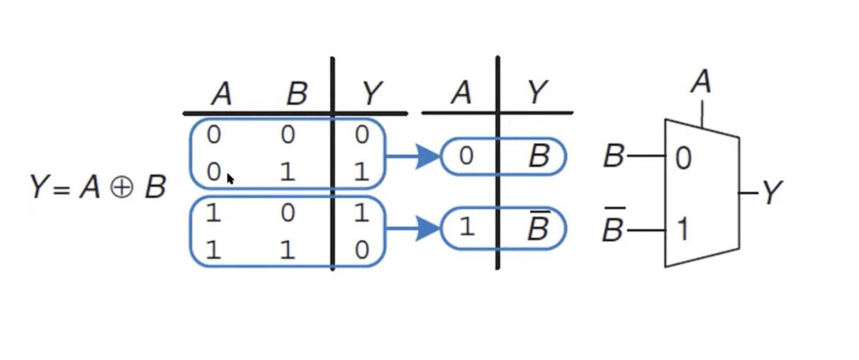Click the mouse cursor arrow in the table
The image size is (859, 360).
pyautogui.click(x=230, y=179)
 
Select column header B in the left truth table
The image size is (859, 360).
pyautogui.click(x=296, y=94)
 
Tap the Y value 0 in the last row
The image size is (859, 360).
pyautogui.click(x=361, y=252)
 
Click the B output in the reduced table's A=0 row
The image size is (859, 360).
pyautogui.click(x=539, y=157)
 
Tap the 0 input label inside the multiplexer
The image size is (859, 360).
pyautogui.click(x=682, y=158)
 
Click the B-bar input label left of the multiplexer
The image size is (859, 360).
pyautogui.click(x=613, y=227)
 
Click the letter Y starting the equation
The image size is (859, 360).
pyautogui.click(x=39, y=188)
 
